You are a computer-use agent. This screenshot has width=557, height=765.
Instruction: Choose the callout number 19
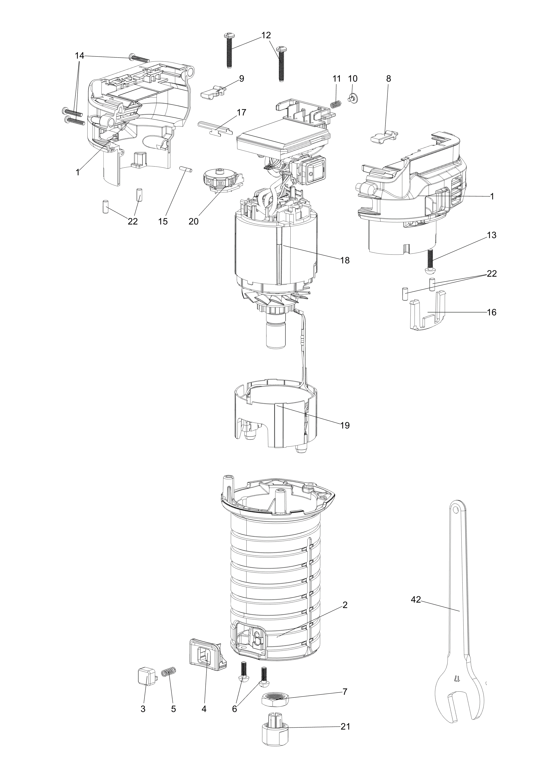345,425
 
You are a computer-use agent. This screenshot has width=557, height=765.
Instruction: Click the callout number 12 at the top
266,35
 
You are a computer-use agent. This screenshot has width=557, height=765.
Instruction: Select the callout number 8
388,79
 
